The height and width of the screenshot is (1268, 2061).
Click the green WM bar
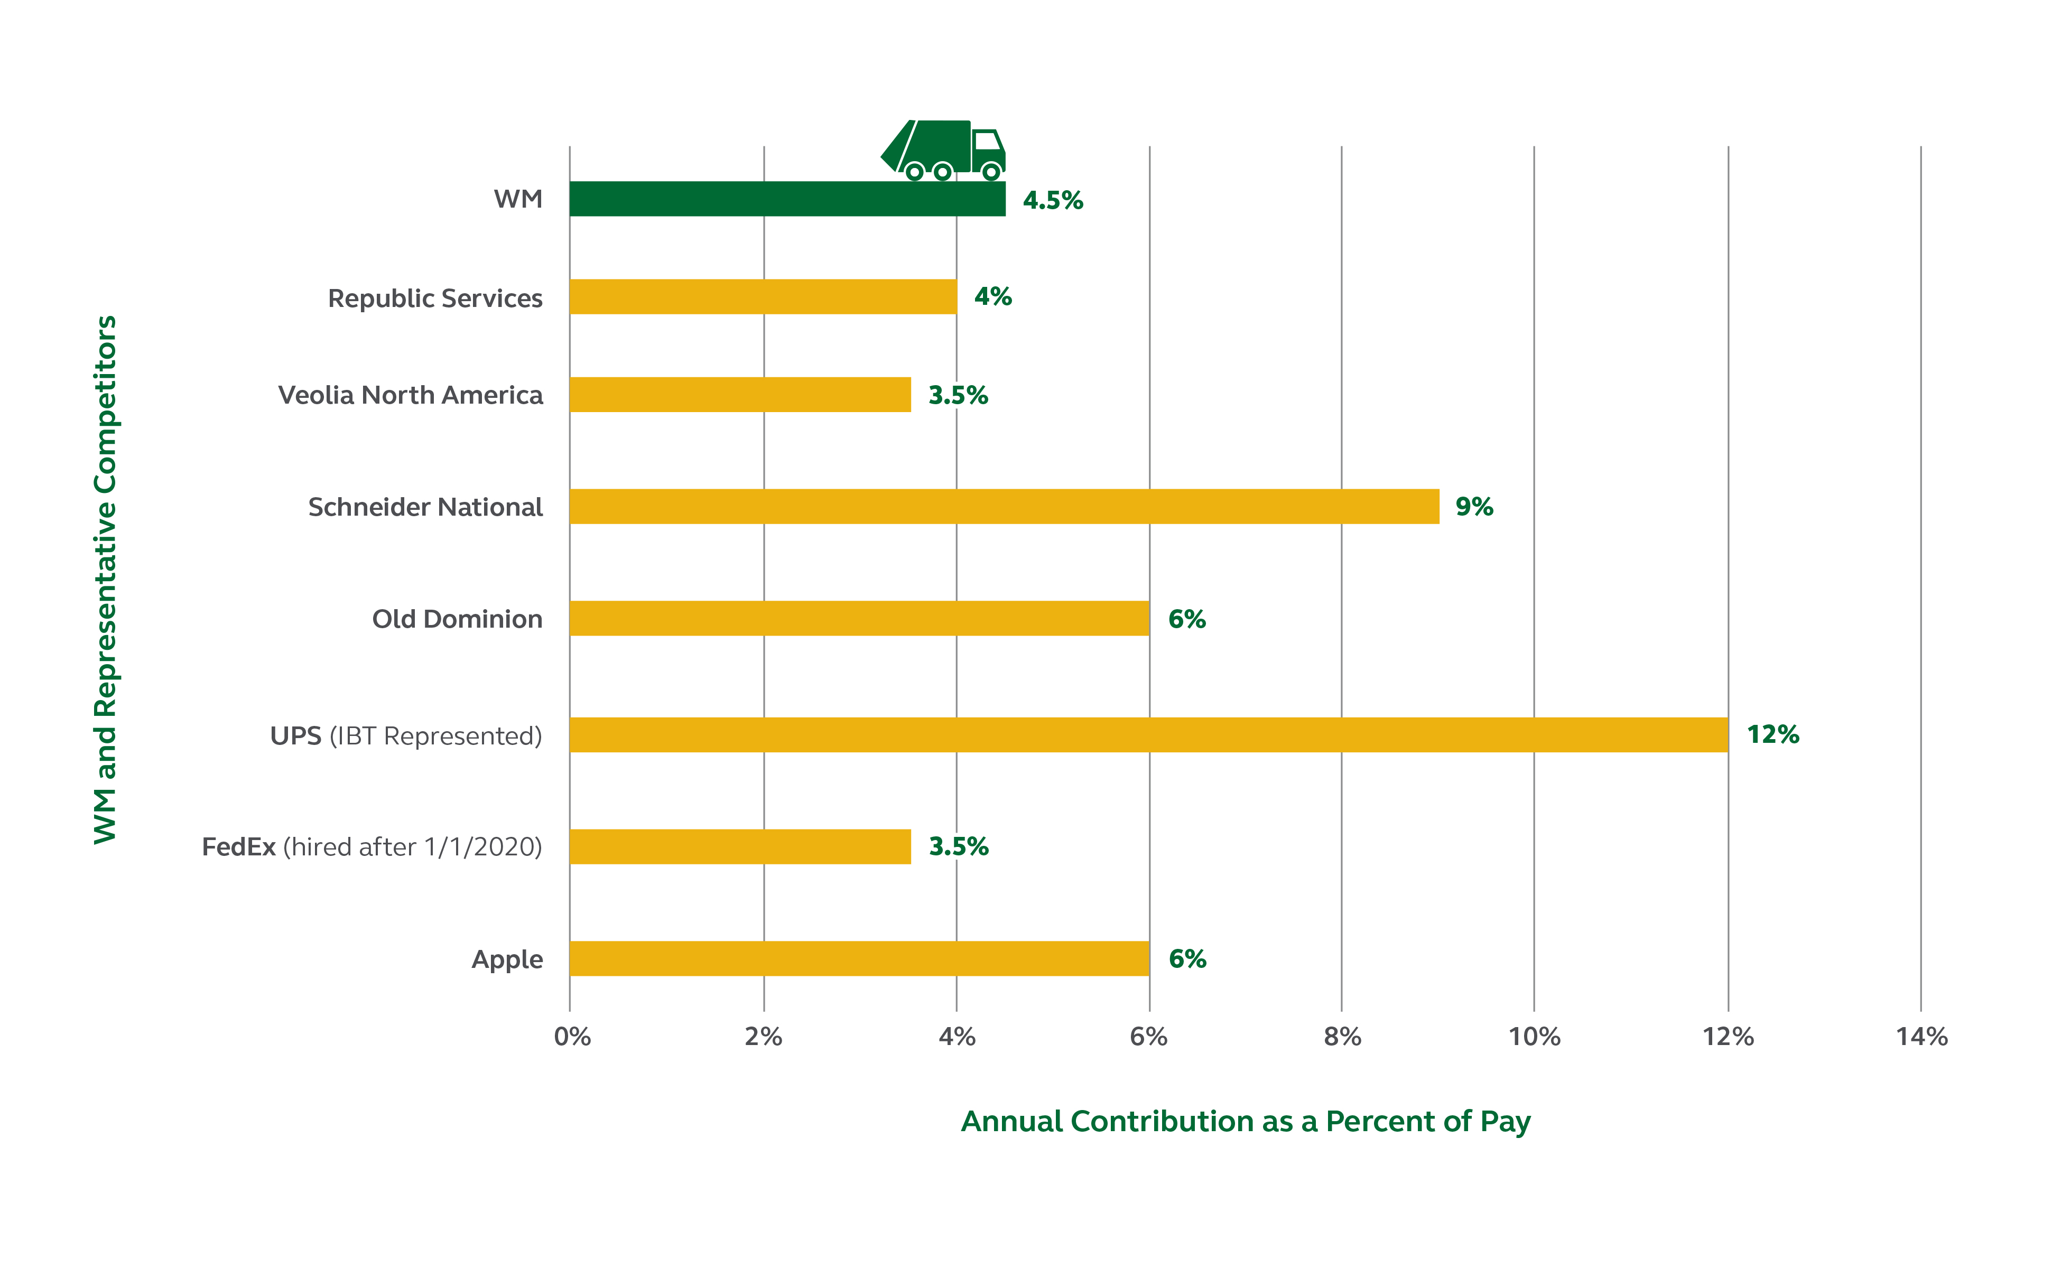click(x=787, y=199)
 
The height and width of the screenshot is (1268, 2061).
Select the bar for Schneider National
click(x=1004, y=507)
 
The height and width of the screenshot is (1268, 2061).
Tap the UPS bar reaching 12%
click(x=1148, y=734)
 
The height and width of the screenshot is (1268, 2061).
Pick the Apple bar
click(x=859, y=958)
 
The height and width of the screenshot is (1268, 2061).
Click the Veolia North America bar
click(x=740, y=394)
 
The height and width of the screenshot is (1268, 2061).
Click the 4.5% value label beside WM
click(x=1053, y=200)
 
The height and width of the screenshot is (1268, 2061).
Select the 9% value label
click(x=1474, y=507)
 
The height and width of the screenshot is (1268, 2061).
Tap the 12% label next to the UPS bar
click(x=1772, y=734)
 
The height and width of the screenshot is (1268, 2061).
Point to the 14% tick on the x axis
click(x=1921, y=1037)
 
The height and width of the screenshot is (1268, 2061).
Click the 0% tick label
click(x=572, y=1037)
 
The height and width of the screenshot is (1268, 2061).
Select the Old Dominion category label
click(x=457, y=619)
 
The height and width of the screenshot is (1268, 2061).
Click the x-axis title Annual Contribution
click(x=1246, y=1121)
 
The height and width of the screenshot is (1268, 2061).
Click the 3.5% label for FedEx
click(x=958, y=847)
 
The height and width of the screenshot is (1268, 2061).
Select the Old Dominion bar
click(x=859, y=618)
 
